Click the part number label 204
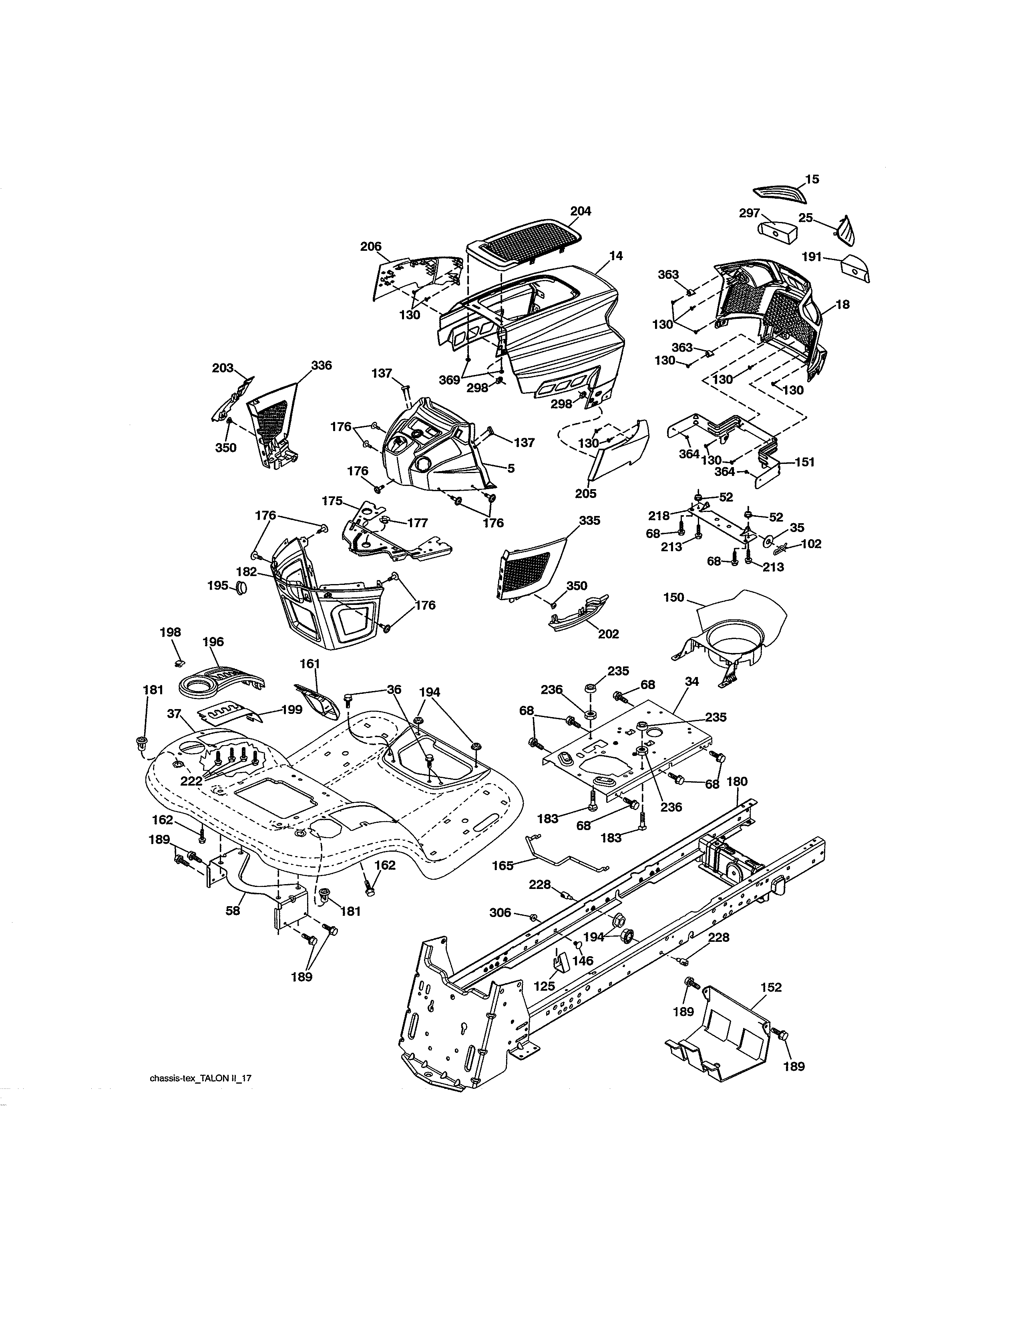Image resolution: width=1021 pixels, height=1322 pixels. (580, 211)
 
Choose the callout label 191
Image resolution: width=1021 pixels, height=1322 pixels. (811, 257)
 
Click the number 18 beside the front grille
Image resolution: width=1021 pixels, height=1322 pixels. (842, 304)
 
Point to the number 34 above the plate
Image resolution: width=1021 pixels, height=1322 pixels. (691, 681)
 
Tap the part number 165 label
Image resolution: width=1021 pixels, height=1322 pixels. (502, 866)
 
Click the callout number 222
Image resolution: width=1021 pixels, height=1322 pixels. (191, 782)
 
